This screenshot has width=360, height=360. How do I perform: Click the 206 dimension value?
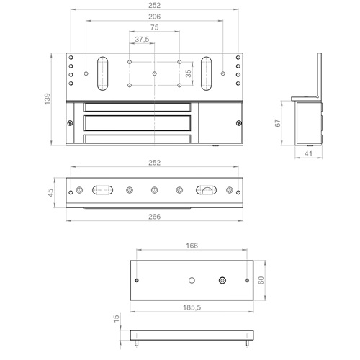(154, 17)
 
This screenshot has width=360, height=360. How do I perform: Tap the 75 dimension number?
(154, 27)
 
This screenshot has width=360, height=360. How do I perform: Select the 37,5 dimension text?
(142, 39)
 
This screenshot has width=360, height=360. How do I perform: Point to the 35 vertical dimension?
(189, 73)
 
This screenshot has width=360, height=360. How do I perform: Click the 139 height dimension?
(48, 99)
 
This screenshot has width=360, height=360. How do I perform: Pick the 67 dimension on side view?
(278, 123)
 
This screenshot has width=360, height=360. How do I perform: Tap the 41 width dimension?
(308, 153)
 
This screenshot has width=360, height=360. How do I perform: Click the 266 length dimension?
(154, 217)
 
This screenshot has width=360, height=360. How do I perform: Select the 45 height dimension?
(50, 192)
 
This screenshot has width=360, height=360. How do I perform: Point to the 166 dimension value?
(192, 246)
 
